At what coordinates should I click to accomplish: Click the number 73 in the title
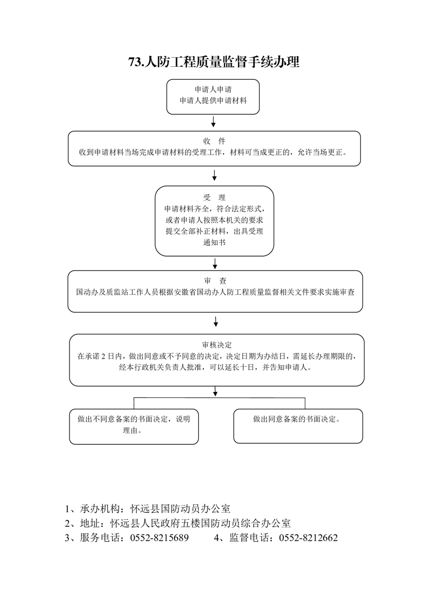click(135, 61)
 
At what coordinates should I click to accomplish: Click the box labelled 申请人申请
click(213, 97)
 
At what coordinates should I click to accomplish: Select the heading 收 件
click(214, 141)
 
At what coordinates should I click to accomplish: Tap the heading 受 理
click(214, 198)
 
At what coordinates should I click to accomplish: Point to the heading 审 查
click(215, 281)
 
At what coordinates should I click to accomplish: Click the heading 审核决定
click(216, 345)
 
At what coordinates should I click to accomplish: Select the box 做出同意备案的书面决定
click(298, 426)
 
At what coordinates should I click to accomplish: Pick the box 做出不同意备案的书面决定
click(134, 427)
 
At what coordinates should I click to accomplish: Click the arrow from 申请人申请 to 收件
click(213, 122)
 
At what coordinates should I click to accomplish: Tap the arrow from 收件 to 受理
click(214, 175)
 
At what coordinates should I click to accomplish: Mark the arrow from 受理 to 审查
click(215, 264)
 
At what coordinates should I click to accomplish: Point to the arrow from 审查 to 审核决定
click(216, 322)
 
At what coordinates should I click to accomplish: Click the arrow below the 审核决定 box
click(215, 391)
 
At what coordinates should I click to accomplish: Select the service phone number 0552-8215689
click(159, 538)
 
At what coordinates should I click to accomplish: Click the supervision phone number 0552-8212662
click(309, 538)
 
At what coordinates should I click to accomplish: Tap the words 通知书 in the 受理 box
click(214, 243)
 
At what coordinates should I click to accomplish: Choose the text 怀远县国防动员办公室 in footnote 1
click(180, 509)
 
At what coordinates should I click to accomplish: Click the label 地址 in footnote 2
click(90, 524)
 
